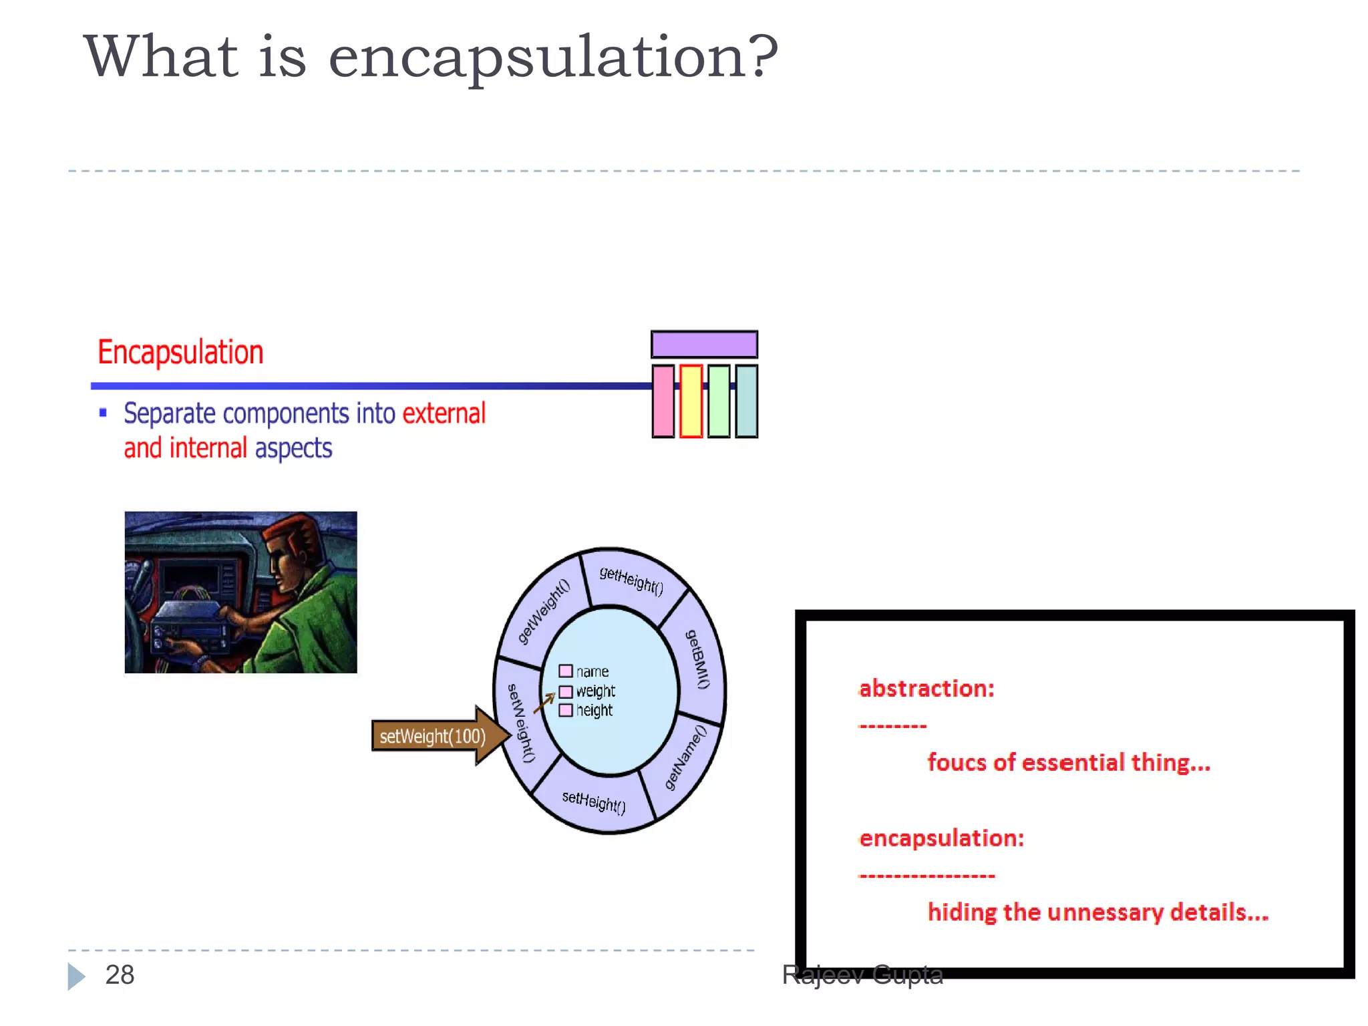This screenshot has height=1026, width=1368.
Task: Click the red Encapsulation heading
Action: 180,352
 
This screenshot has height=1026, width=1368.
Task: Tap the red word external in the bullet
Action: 444,413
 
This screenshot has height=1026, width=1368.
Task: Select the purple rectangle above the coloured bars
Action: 704,345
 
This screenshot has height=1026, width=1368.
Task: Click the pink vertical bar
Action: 663,401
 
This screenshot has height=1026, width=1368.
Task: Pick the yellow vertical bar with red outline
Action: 691,401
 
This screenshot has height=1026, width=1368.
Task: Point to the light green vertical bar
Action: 719,401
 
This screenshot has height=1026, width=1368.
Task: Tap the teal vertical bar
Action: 746,401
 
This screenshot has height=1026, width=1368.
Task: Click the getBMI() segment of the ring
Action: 699,659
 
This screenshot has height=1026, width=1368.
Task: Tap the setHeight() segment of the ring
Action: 593,802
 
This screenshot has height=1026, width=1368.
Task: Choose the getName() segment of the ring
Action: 685,757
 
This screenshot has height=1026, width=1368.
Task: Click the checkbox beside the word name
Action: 566,671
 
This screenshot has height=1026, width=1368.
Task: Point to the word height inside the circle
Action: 594,711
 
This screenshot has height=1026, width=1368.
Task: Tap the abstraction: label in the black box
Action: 926,689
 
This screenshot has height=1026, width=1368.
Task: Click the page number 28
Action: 120,975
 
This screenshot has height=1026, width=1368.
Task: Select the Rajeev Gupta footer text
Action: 862,975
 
